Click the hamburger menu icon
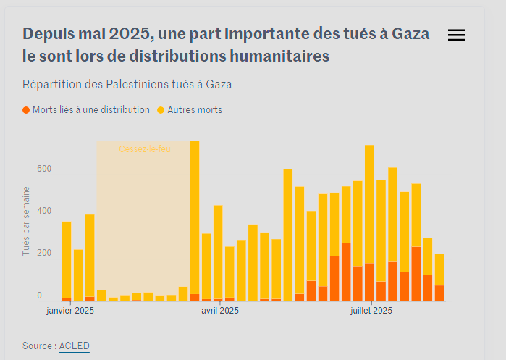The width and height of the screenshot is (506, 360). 457,35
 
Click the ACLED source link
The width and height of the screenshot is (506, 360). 74,346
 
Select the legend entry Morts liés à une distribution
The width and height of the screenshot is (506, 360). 86,110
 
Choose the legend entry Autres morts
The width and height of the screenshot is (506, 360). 194,110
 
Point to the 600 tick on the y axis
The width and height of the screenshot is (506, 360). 44,169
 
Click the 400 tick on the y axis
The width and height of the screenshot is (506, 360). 44,212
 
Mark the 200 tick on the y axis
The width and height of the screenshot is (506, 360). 44,254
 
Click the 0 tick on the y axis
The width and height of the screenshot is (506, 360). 40,296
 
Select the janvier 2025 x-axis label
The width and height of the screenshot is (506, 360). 70,311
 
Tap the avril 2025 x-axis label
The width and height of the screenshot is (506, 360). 219,311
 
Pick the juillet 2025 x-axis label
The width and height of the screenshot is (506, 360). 371,311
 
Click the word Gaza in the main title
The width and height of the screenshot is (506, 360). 410,34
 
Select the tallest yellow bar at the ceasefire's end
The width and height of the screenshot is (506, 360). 195,217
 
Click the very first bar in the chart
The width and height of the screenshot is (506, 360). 67,261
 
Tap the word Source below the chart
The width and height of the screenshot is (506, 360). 36,346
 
